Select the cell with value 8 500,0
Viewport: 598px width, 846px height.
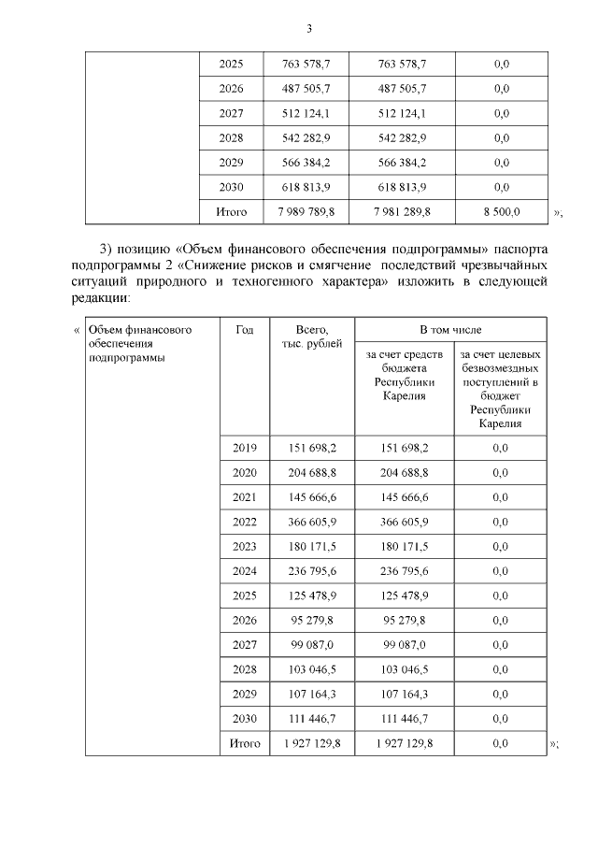500,212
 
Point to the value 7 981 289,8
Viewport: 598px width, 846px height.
403,212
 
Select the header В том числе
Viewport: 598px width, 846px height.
450,331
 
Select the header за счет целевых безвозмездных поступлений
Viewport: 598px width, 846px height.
500,389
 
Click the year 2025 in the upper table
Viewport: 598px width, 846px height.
231,65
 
